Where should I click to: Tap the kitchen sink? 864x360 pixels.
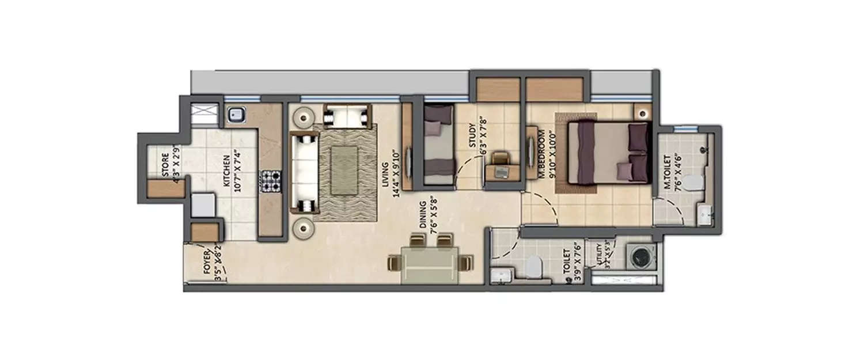coord(236,115)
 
